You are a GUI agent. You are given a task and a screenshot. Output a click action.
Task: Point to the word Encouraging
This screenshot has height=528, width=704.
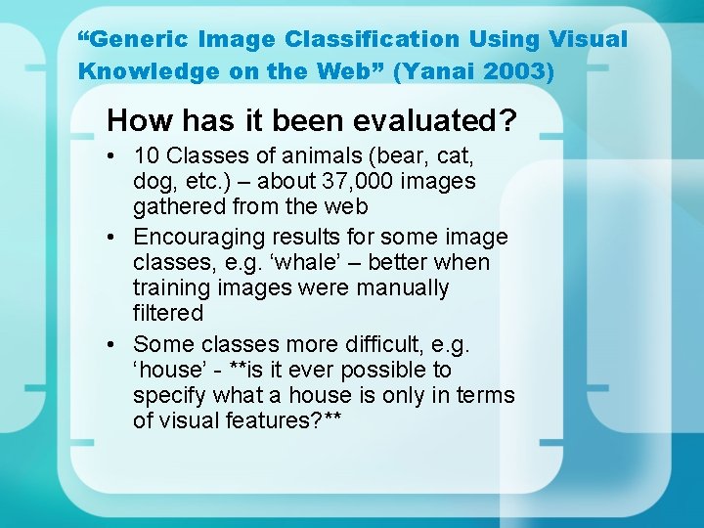click(x=202, y=237)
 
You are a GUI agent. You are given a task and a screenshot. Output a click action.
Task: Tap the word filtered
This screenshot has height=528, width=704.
click(x=168, y=313)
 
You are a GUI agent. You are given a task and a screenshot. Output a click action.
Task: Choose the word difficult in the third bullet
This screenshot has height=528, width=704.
click(x=391, y=344)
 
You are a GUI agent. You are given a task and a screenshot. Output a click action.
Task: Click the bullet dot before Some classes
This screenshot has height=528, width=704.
click(x=113, y=344)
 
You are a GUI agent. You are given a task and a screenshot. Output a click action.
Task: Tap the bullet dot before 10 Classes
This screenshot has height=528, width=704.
click(x=113, y=155)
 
